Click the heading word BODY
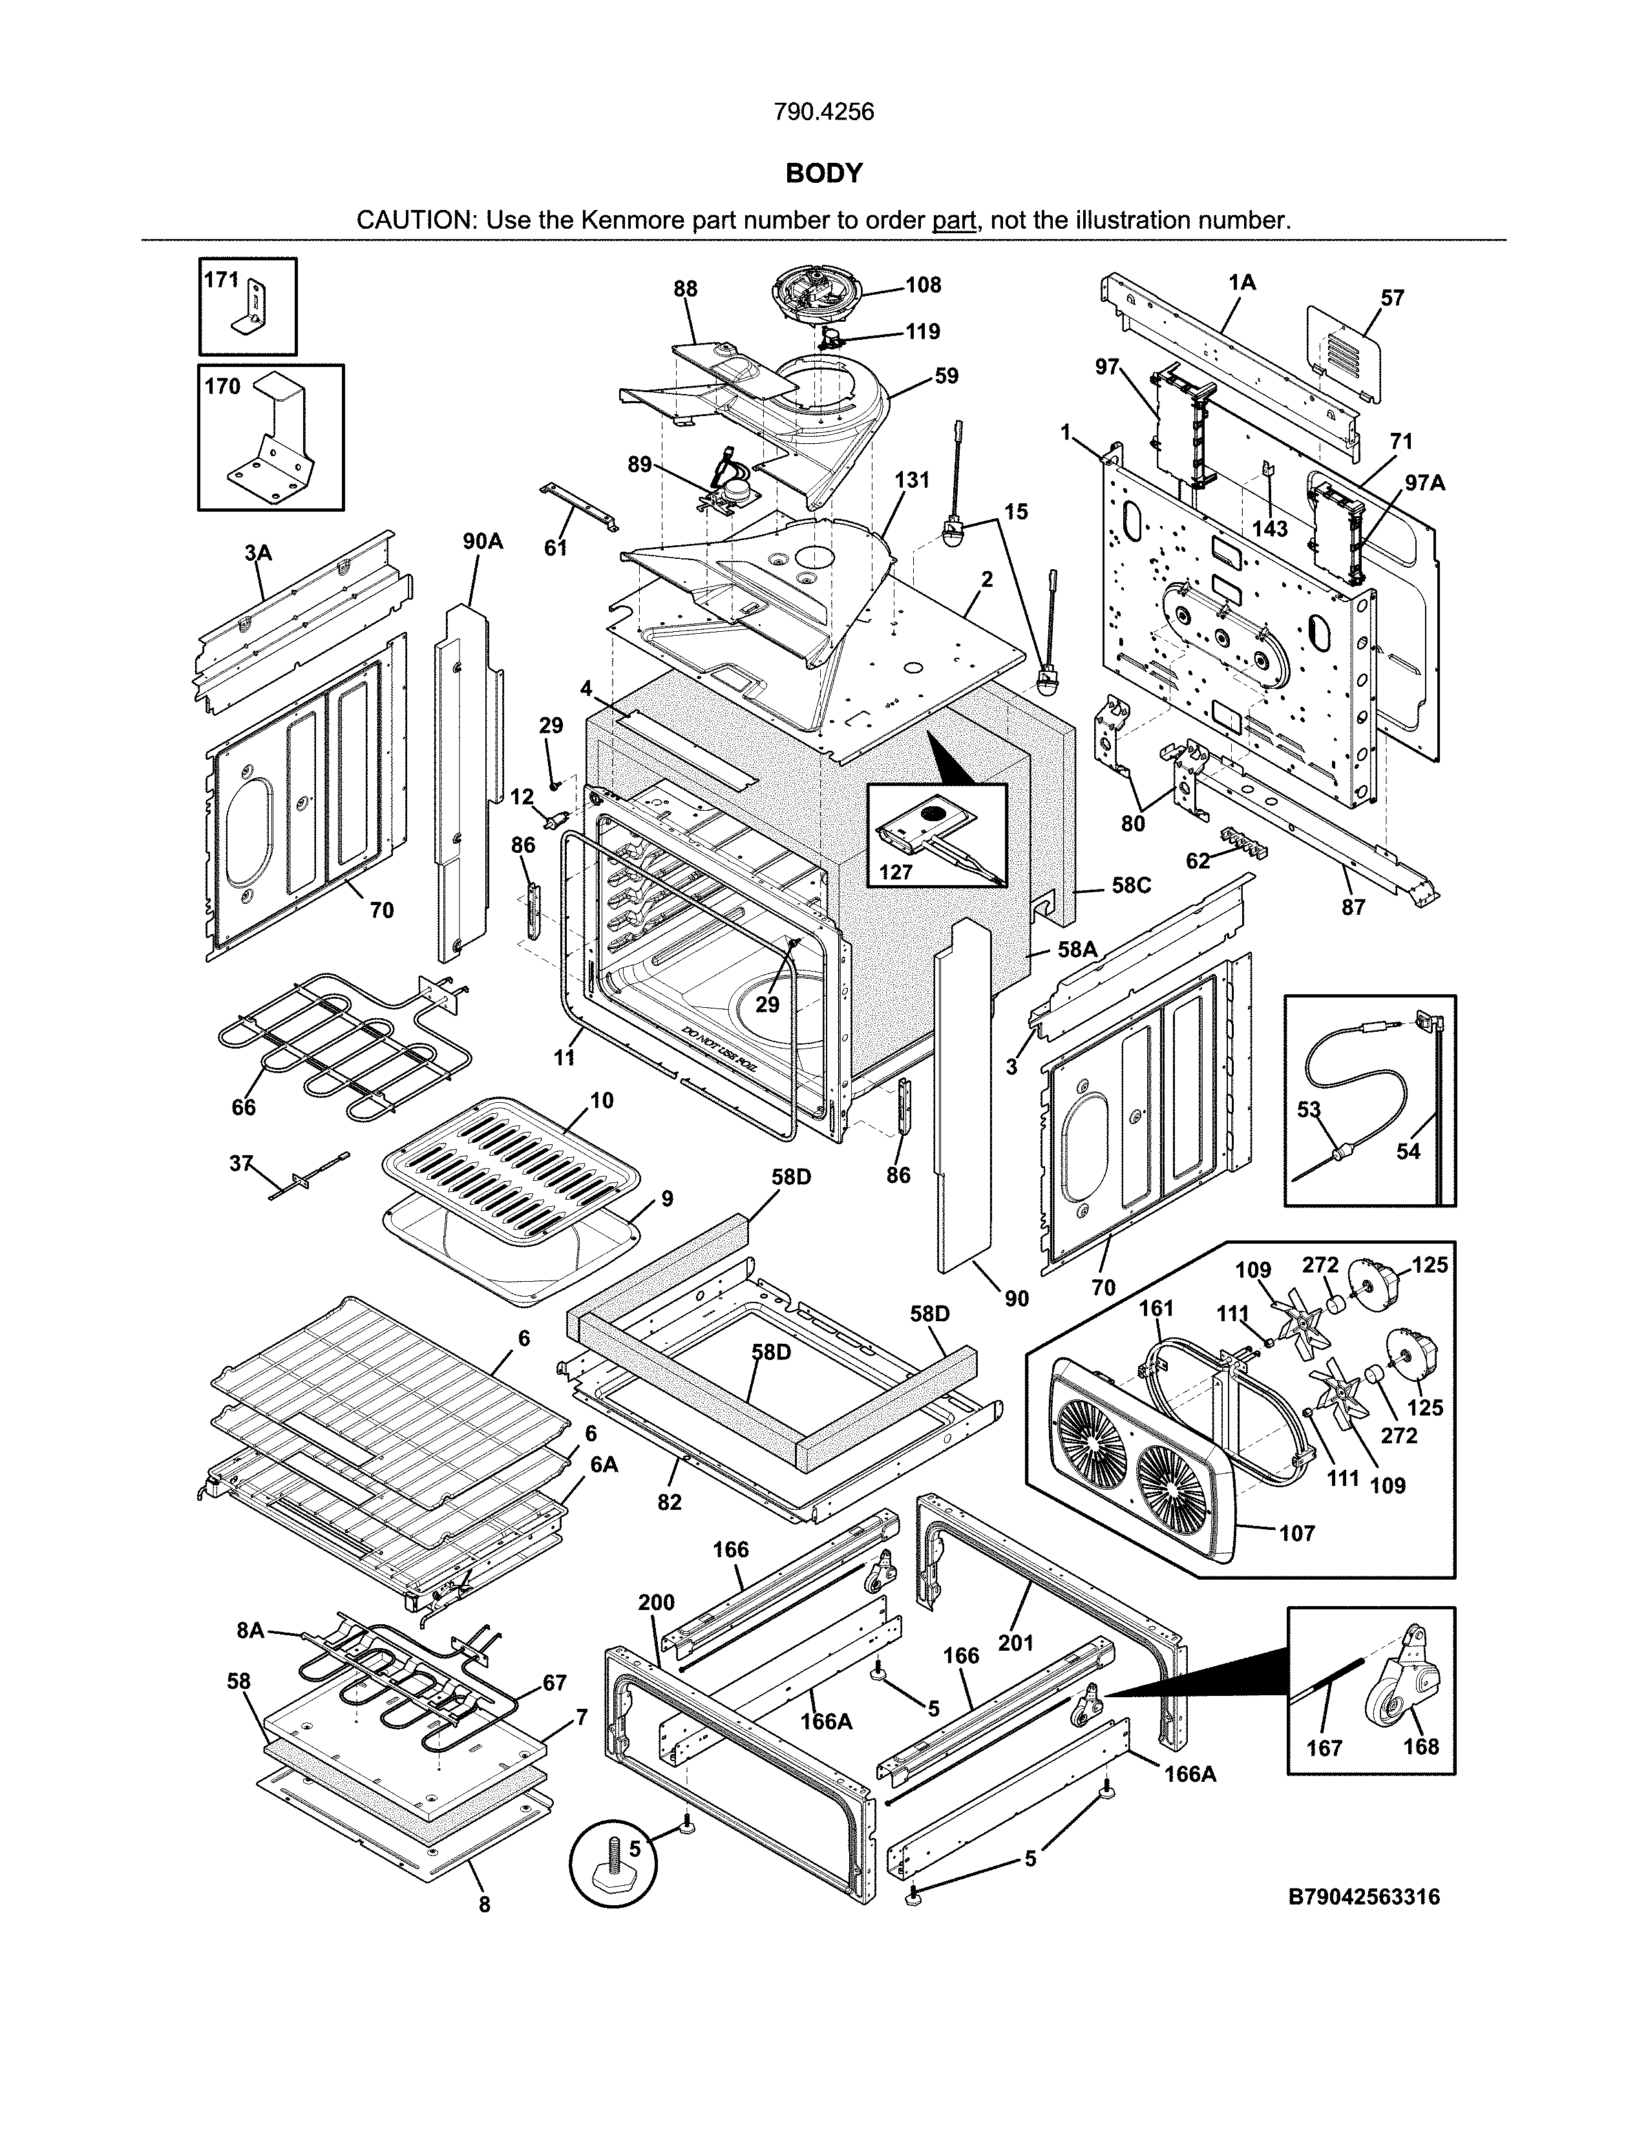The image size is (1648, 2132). point(824,174)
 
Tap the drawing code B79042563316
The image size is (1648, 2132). point(1364,1897)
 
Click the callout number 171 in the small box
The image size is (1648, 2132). point(220,280)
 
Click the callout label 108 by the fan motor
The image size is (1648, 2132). point(923,284)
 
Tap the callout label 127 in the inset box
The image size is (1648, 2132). point(895,872)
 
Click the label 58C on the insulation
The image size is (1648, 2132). point(1132,885)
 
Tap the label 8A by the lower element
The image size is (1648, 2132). point(250,1630)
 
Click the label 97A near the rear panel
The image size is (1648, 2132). point(1424,482)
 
